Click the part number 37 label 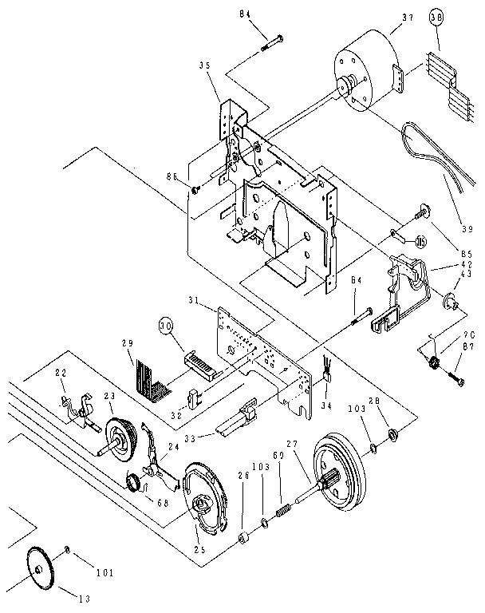(408, 18)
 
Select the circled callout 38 (437, 18)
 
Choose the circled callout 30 (166, 326)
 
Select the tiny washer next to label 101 (69, 550)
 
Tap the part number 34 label (324, 405)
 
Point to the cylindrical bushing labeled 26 (242, 532)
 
